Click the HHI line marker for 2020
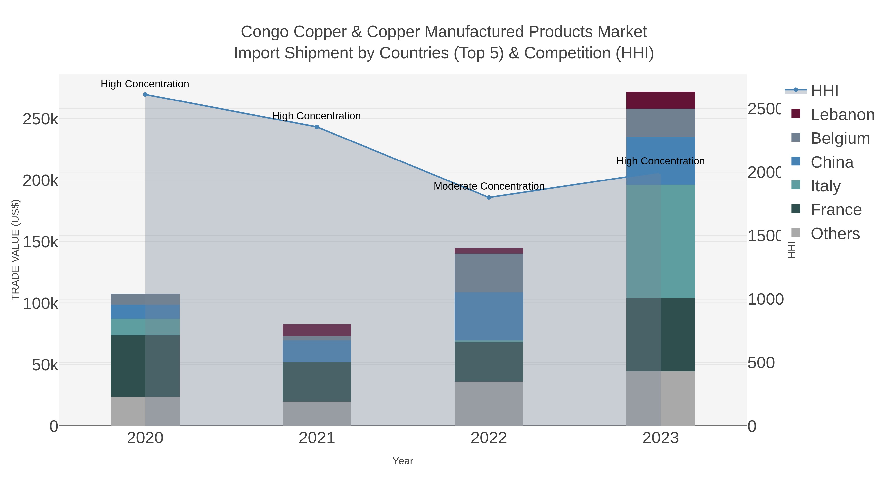(145, 95)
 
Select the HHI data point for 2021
(317, 127)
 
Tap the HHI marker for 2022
(489, 197)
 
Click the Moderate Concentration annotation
(489, 186)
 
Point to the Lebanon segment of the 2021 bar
(317, 330)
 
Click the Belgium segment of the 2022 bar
(489, 273)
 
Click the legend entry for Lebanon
(842, 115)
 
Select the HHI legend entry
(824, 91)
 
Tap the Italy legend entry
(825, 186)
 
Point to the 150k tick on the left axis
(40, 242)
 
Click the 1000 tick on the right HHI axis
(765, 299)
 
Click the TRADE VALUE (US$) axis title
(16, 250)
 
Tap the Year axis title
(403, 461)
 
